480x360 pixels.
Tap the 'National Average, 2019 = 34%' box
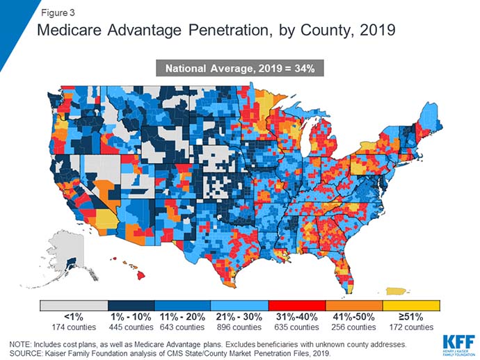pyautogui.click(x=240, y=68)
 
